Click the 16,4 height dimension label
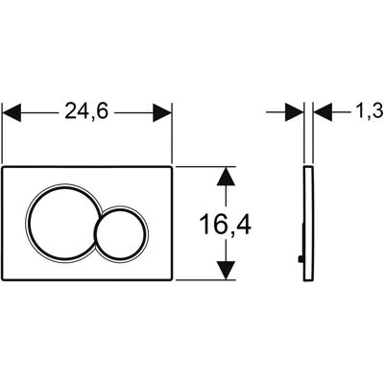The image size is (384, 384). [x=226, y=225]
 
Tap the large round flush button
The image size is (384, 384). [x=60, y=223]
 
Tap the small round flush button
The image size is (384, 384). [x=122, y=234]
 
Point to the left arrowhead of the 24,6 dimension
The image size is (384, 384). [x=12, y=112]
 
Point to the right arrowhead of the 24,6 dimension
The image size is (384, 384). [x=162, y=112]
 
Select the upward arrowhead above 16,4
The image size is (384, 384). [x=226, y=177]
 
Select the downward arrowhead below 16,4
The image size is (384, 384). [x=226, y=271]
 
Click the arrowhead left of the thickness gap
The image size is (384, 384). [x=294, y=112]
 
